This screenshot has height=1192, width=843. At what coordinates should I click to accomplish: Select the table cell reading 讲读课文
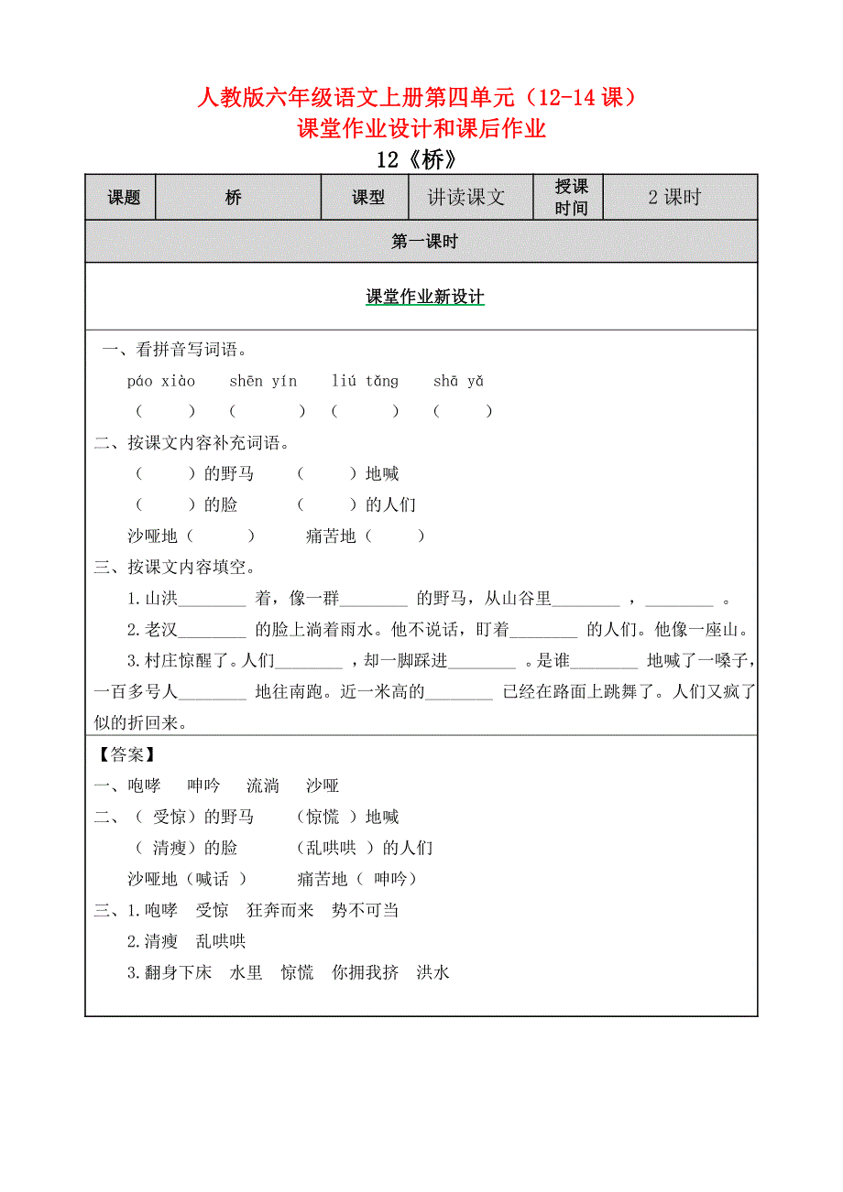(466, 197)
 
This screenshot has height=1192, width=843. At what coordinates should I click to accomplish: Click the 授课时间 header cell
(571, 197)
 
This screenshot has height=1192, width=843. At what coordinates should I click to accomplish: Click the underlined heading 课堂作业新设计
(424, 297)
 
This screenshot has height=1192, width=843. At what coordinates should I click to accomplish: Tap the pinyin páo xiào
(161, 381)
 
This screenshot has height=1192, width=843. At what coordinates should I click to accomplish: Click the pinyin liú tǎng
(365, 381)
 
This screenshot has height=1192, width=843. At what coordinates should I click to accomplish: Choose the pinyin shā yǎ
(458, 381)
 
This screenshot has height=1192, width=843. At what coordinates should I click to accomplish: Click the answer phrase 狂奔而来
(280, 910)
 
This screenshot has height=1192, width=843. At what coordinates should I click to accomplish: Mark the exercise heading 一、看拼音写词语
(174, 349)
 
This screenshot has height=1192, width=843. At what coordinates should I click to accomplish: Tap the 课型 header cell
(367, 197)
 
